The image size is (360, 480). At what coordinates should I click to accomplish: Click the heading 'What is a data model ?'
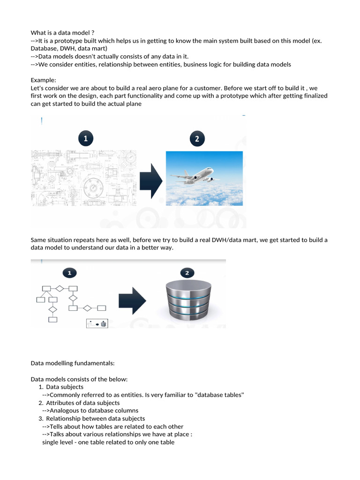[62, 32]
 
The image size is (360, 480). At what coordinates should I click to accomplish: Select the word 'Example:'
[43, 80]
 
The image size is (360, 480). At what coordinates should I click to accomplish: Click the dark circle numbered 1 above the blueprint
[85, 138]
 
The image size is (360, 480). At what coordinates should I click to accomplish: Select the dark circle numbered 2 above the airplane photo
[197, 138]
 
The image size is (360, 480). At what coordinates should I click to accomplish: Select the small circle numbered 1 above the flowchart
[70, 272]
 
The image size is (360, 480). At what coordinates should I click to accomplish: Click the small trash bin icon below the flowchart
[104, 323]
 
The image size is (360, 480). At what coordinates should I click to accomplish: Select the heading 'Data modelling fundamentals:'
[72, 363]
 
